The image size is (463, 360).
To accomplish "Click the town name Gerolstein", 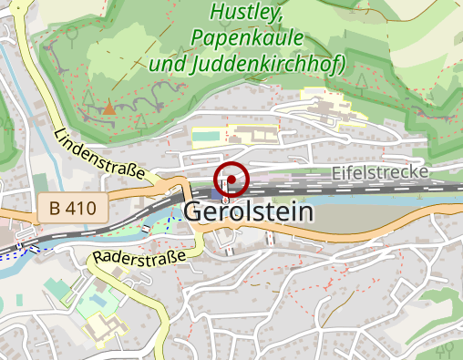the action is click(249, 212).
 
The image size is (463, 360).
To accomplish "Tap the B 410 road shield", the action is click(74, 209).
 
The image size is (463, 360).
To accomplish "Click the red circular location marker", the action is click(231, 180).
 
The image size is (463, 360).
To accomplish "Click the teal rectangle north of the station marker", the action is click(206, 136).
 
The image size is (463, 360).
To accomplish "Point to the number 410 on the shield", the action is click(80, 209).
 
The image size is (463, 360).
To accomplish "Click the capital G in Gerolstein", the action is click(195, 212).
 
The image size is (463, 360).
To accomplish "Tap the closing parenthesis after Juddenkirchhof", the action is click(338, 65).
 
